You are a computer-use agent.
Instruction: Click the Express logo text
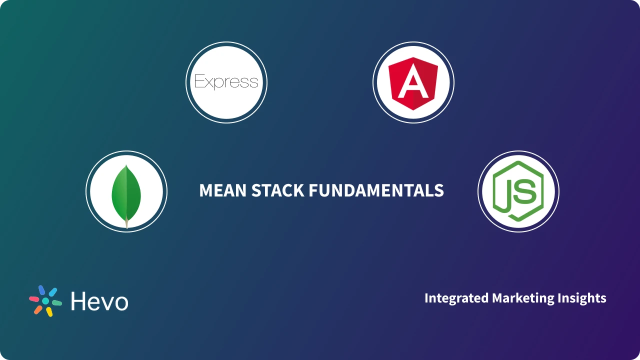point(226,82)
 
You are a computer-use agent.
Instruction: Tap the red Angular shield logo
point(413,82)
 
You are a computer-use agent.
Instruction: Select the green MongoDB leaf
point(126,192)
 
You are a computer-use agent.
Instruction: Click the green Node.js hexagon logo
point(518,191)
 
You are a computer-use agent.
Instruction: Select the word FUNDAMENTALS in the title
point(376,190)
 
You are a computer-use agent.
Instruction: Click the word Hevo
point(99,301)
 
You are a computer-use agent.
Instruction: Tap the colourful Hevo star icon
point(45,301)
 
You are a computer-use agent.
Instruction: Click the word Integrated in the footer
point(456,298)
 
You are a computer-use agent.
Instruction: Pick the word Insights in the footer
point(583,298)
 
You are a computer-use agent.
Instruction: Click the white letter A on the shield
point(413,83)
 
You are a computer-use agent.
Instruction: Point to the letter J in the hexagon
point(507,193)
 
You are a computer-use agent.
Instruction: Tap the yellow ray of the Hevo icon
point(49,312)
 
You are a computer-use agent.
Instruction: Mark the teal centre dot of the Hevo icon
point(45,301)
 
